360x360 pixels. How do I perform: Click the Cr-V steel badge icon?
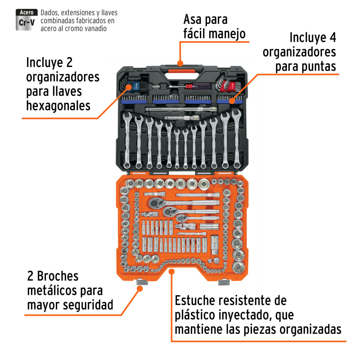point(27,19)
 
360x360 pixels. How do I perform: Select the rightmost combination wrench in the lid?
point(237,138)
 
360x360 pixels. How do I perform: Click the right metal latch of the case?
point(224,282)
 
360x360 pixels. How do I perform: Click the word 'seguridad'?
point(88,305)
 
